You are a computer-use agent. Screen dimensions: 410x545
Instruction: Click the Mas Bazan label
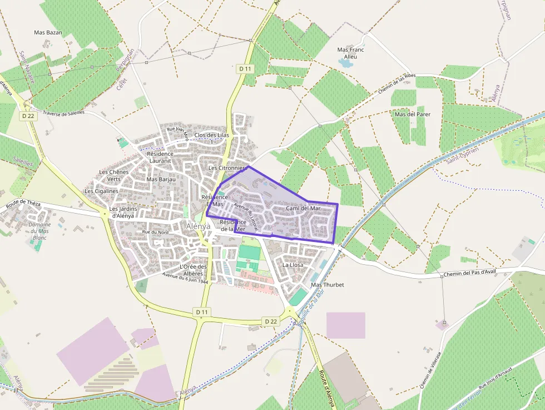[48, 33]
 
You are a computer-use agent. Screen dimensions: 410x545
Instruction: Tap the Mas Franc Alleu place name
[351, 53]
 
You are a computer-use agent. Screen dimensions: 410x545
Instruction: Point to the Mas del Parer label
[412, 114]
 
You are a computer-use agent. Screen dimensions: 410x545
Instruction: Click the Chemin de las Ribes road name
[397, 83]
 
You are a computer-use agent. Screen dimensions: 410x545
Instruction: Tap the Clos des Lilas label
[212, 135]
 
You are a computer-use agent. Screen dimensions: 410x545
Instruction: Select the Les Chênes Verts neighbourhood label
[113, 175]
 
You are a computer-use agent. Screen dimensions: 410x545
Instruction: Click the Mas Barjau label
[161, 179]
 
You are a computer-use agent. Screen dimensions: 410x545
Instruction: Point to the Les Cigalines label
[101, 191]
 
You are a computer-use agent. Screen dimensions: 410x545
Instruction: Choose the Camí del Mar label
[303, 208]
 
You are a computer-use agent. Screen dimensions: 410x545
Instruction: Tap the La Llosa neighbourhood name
[293, 265]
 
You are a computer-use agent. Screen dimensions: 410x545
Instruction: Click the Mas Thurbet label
[328, 285]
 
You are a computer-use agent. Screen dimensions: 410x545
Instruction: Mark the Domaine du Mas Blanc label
[39, 231]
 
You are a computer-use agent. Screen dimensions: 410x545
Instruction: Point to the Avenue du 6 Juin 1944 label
[185, 278]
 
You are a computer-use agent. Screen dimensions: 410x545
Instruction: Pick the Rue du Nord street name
[155, 232]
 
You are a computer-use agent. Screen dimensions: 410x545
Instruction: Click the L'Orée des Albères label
[194, 270]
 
